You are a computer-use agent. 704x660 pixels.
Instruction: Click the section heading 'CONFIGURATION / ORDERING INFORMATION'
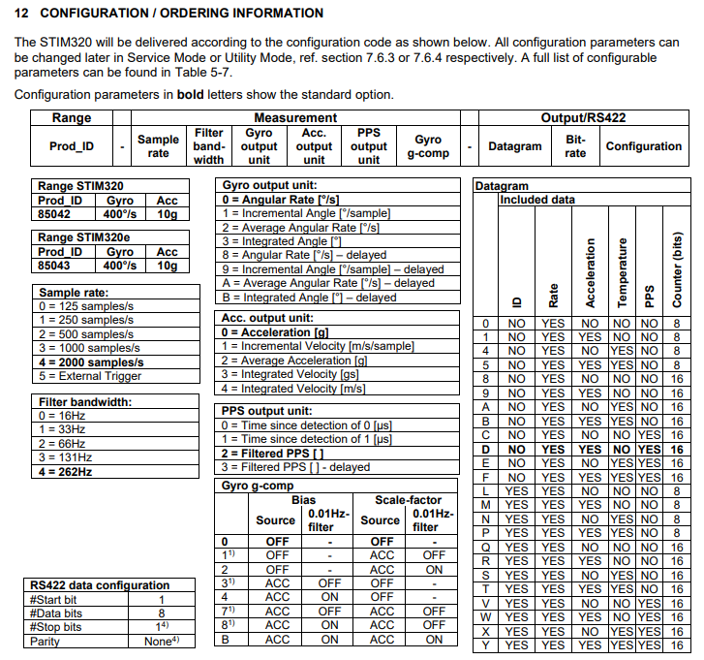point(182,14)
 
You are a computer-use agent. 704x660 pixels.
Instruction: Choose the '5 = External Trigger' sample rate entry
point(86,375)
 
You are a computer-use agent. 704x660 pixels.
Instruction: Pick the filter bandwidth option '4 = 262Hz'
point(66,471)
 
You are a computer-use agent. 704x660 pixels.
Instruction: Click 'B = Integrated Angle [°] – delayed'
point(309,297)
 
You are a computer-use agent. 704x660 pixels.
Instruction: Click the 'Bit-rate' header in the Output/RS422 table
point(575,146)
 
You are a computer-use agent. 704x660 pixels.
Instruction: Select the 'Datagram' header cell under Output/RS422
point(515,146)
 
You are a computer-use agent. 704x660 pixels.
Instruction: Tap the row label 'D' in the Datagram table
point(486,450)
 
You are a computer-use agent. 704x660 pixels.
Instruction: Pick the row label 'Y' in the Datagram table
point(486,644)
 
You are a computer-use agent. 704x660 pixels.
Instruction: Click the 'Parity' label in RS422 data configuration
point(46,641)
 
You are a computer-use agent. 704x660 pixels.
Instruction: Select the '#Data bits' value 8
point(161,613)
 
